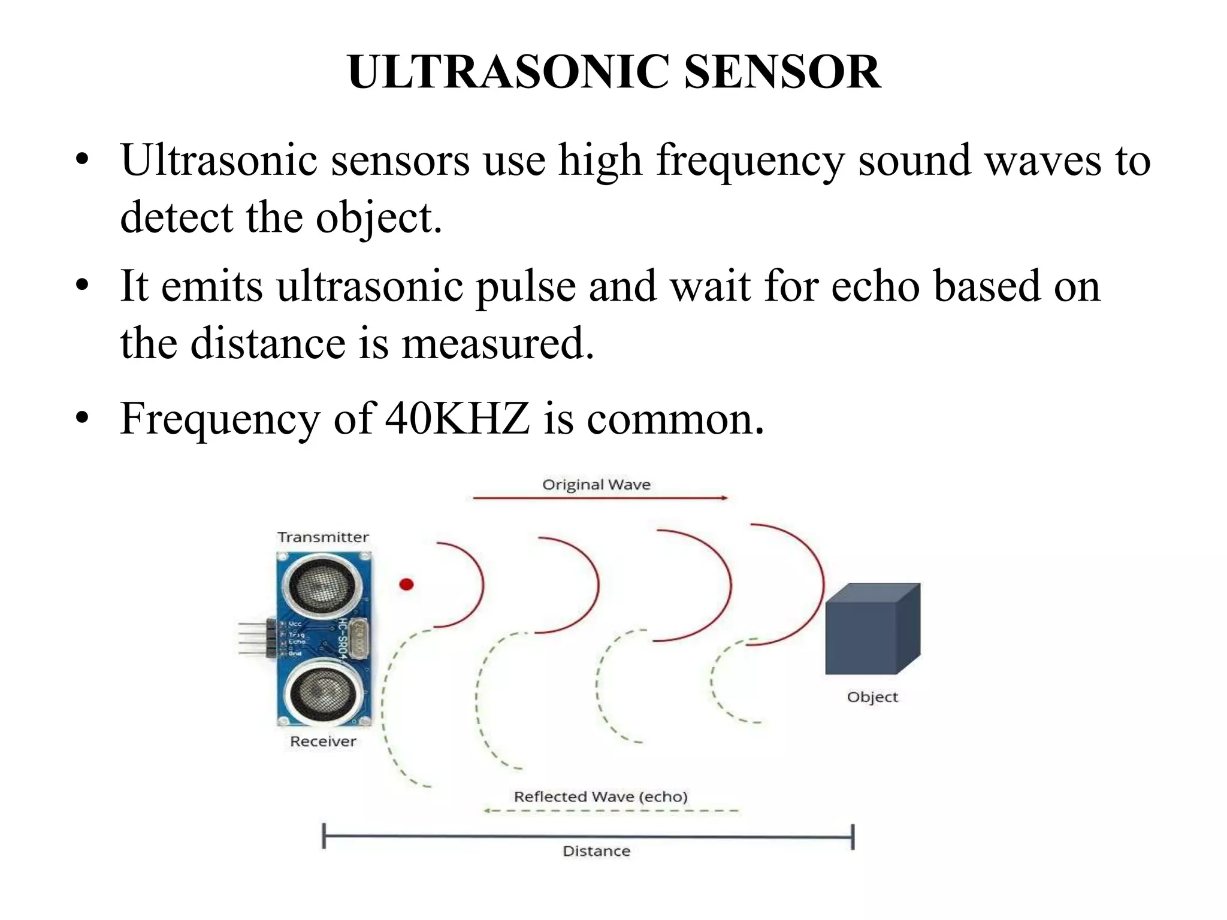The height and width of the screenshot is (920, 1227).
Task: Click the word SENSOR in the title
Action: pos(782,72)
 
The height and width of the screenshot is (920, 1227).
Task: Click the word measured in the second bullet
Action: pos(497,344)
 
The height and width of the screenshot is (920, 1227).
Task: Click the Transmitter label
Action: pos(323,537)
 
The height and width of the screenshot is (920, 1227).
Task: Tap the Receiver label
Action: pos(323,742)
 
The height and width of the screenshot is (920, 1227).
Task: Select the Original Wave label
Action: pos(596,485)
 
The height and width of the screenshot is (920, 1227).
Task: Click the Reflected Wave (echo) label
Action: pos(600,797)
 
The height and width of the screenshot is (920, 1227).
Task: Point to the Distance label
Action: pos(596,851)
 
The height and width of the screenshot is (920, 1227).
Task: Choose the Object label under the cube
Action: pos(872,697)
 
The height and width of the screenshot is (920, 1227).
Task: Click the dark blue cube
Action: pos(872,629)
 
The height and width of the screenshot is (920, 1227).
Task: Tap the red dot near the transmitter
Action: pos(406,584)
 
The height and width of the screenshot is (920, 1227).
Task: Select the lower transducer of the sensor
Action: pos(322,693)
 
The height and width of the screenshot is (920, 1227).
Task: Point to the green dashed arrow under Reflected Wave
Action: pos(611,811)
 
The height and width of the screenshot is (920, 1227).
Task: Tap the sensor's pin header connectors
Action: pos(255,639)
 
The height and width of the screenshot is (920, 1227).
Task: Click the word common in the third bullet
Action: pos(675,419)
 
